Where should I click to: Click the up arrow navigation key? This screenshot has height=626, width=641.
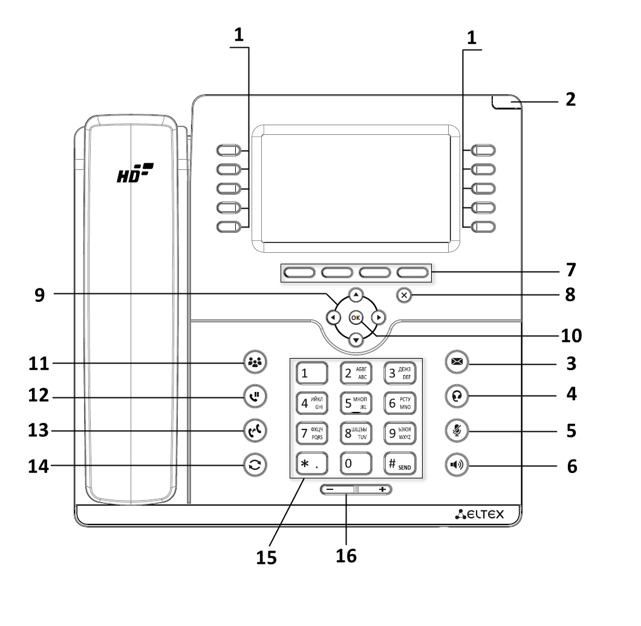pyautogui.click(x=356, y=296)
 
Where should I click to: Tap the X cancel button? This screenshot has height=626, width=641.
pyautogui.click(x=405, y=295)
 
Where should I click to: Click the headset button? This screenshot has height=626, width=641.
pyautogui.click(x=456, y=396)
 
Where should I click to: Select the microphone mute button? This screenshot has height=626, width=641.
pyautogui.click(x=456, y=431)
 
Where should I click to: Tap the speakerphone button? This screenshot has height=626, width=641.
pyautogui.click(x=456, y=465)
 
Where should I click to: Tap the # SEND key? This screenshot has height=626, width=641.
pyautogui.click(x=400, y=465)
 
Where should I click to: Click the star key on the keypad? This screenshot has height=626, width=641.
pyautogui.click(x=311, y=465)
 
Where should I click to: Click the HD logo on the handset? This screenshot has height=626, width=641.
pyautogui.click(x=135, y=175)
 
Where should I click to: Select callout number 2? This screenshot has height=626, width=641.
pyautogui.click(x=570, y=99)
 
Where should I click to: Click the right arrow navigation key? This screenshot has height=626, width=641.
pyautogui.click(x=379, y=317)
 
